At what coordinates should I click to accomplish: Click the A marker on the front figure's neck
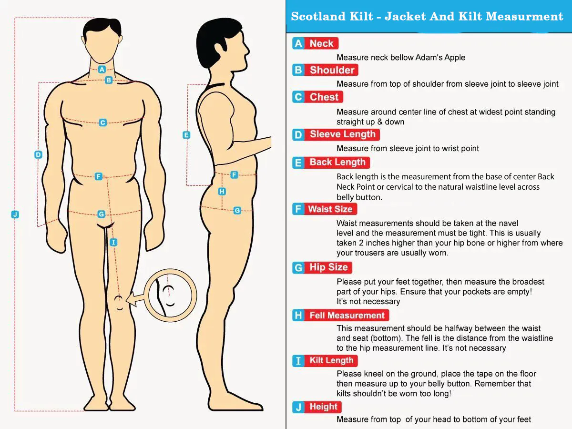click(102, 69)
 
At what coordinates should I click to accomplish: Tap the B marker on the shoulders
click(109, 80)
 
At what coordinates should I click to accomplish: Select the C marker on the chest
click(102, 123)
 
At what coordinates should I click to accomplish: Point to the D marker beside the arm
click(38, 155)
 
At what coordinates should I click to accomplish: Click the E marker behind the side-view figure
click(186, 135)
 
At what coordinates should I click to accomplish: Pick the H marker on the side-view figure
click(222, 192)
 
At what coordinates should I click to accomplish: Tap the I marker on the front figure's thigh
click(113, 242)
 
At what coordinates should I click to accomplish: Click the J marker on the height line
click(15, 214)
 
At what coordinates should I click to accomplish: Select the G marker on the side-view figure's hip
click(237, 210)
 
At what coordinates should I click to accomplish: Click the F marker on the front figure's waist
click(98, 176)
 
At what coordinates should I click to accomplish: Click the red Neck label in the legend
click(322, 43)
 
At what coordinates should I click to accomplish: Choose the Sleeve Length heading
click(342, 134)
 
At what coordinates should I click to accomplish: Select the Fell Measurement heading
click(347, 315)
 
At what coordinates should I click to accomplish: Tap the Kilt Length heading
click(331, 360)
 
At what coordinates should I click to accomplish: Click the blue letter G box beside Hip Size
click(299, 267)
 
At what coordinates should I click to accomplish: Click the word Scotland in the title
click(319, 16)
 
